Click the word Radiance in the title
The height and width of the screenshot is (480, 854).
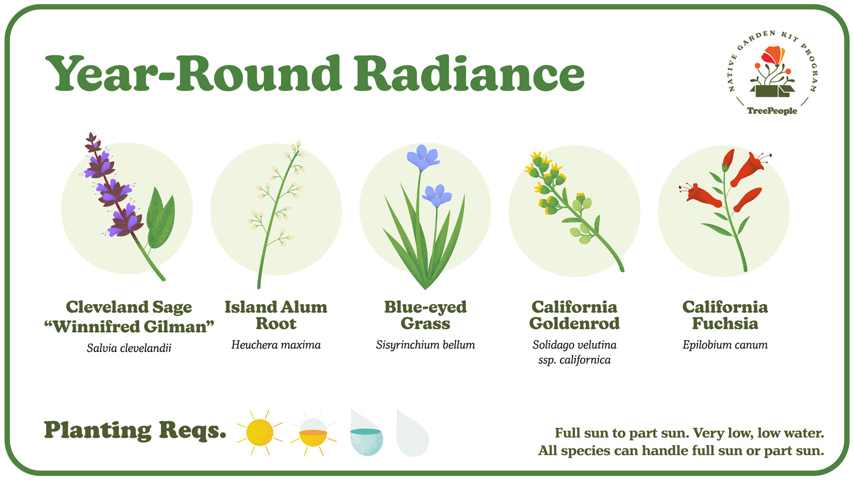click(x=469, y=73)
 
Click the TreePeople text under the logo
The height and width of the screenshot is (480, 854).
click(x=772, y=111)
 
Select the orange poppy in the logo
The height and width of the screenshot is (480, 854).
click(x=773, y=55)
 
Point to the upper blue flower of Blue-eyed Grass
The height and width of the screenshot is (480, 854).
click(x=423, y=157)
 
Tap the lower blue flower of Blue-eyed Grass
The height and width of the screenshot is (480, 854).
click(x=437, y=196)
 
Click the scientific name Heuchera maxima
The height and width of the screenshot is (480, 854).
click(x=276, y=345)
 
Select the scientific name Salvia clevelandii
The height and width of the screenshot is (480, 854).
click(x=129, y=348)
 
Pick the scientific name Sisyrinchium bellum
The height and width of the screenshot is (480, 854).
click(x=425, y=345)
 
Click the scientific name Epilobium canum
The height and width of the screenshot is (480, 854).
click(x=725, y=345)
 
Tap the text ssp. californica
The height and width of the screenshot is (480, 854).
click(x=575, y=360)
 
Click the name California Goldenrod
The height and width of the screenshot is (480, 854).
click(x=575, y=315)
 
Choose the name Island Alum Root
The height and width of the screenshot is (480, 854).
click(x=276, y=315)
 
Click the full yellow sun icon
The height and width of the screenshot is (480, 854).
click(x=260, y=433)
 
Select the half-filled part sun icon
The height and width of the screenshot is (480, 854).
click(x=313, y=434)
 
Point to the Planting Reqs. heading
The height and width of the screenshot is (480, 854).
click(x=135, y=431)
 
